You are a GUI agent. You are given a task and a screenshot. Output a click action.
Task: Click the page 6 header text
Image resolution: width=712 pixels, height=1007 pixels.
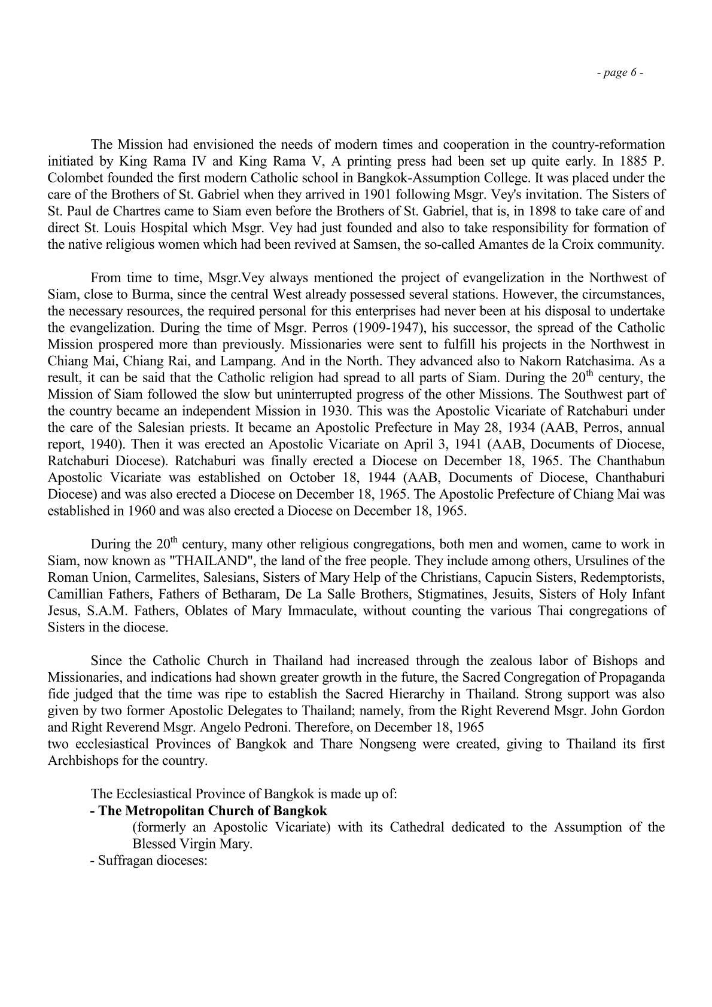pos(620,73)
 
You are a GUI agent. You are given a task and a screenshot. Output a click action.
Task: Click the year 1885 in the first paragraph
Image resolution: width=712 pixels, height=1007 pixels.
pos(630,161)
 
